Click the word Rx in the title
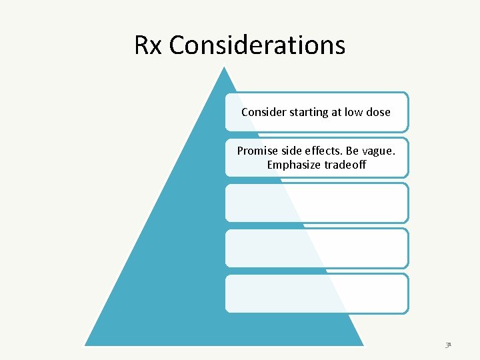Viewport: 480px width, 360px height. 149,45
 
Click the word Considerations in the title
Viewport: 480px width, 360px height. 257,45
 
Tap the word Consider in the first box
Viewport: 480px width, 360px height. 263,112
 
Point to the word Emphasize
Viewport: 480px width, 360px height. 294,164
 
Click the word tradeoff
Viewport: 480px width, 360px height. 345,164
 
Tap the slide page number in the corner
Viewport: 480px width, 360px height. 449,345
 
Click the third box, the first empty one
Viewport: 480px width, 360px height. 316,203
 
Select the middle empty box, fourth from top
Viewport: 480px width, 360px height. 316,248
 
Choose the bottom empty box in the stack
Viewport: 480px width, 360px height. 316,293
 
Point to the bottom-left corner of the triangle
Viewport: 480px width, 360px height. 85,345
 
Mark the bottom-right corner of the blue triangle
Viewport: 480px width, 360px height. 363,345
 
